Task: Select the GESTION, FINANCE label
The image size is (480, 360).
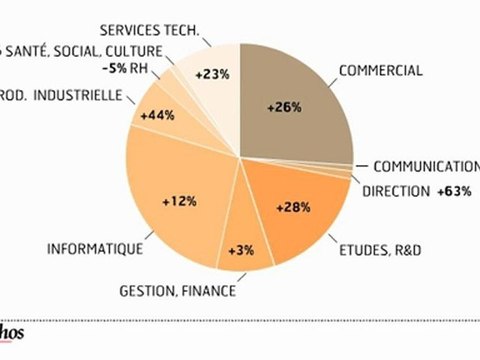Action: tap(177, 291)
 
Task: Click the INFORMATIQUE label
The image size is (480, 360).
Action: tap(94, 248)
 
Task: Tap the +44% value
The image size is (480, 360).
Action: tap(158, 116)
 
